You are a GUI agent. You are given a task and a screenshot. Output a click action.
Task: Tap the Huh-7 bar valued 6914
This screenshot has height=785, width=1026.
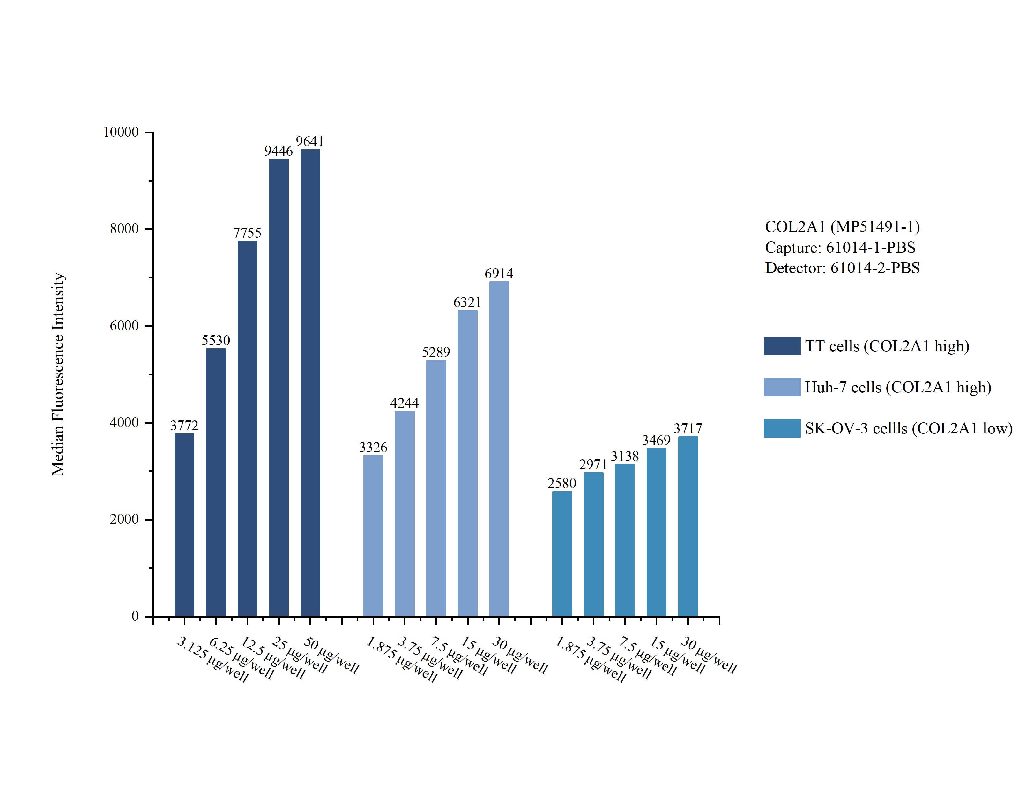(x=499, y=448)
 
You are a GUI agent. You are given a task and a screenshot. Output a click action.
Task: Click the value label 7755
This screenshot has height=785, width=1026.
(x=247, y=233)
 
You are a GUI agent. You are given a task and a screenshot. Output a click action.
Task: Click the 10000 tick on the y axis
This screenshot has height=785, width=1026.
(x=121, y=132)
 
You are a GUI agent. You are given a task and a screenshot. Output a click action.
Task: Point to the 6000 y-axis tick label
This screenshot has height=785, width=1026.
(x=124, y=326)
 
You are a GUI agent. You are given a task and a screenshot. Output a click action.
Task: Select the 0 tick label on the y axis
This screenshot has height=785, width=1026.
(x=135, y=616)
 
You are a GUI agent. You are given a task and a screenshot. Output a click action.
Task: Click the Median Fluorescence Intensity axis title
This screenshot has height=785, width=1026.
(x=58, y=374)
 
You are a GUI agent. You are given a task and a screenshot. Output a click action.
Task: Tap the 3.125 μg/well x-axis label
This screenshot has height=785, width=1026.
(x=212, y=659)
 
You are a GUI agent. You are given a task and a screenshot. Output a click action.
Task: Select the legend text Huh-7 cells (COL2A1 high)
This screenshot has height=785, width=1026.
(x=897, y=387)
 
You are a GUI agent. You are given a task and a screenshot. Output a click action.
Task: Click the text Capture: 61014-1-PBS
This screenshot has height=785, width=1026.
(x=840, y=247)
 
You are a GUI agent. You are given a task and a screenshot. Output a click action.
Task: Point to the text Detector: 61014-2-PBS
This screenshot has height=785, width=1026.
(x=842, y=268)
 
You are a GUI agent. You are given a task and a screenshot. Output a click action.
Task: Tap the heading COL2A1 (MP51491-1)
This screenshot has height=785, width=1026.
(x=842, y=226)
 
